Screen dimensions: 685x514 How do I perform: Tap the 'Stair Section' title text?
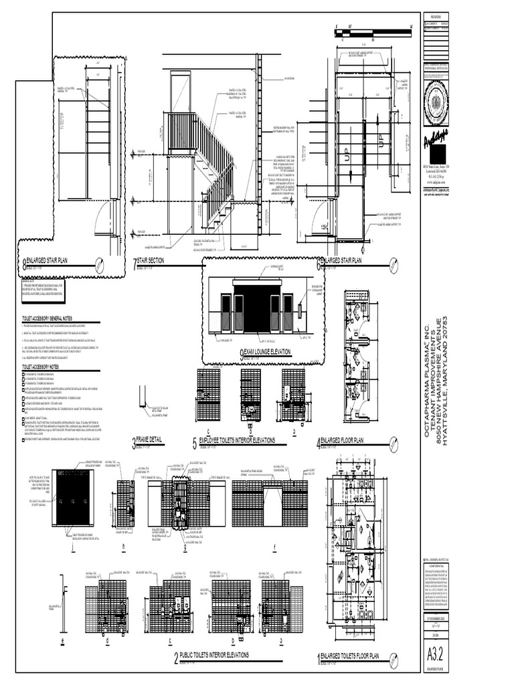(x=150, y=261)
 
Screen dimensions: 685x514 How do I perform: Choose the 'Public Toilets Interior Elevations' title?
(x=214, y=656)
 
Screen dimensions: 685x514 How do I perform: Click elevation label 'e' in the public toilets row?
(x=62, y=641)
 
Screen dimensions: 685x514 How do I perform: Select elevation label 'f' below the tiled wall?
(x=275, y=545)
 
